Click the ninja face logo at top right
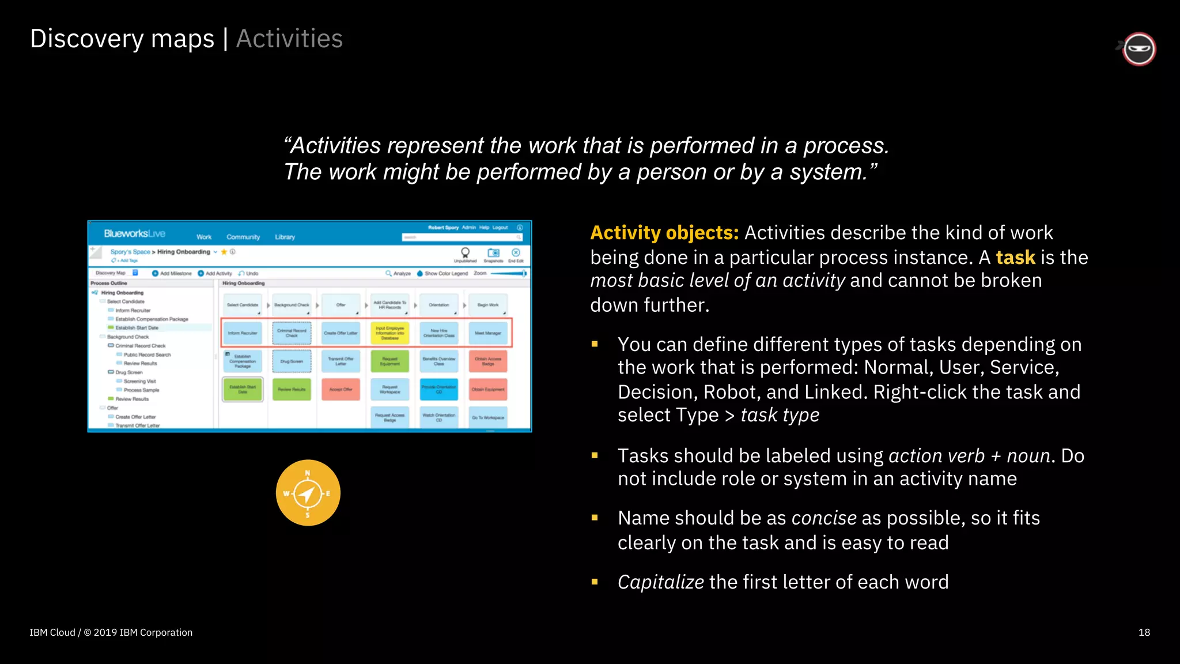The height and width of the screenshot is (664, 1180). click(1139, 49)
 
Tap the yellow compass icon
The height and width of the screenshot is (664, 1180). click(308, 493)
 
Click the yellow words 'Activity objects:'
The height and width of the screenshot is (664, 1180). click(664, 233)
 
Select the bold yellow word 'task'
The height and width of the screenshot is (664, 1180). click(1015, 258)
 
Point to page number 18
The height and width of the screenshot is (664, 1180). click(1144, 632)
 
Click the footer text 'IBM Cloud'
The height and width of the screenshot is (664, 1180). click(52, 632)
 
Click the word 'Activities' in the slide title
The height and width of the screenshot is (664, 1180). click(289, 39)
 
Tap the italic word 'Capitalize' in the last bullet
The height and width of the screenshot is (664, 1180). click(660, 582)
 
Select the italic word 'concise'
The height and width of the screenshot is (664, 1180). click(824, 518)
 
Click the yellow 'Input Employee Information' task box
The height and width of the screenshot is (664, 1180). click(389, 333)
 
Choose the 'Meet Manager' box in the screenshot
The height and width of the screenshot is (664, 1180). click(487, 333)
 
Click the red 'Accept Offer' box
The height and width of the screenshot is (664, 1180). click(341, 390)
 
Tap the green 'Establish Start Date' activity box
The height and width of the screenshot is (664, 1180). click(243, 390)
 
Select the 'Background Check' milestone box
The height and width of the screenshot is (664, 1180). click(292, 305)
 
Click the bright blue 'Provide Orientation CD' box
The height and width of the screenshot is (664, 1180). click(438, 390)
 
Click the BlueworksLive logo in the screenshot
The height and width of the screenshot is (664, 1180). click(134, 233)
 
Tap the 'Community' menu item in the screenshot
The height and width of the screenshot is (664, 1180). click(243, 237)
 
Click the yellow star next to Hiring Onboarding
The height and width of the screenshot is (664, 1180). click(224, 252)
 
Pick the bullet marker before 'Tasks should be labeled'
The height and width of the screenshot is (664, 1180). click(595, 456)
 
